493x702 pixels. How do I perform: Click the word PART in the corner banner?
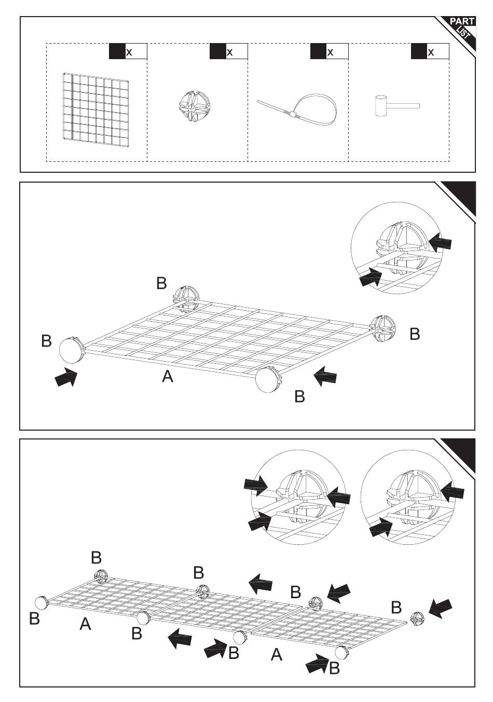click(x=461, y=22)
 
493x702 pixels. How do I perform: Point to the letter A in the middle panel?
click(x=167, y=377)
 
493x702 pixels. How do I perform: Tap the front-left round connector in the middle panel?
click(x=71, y=350)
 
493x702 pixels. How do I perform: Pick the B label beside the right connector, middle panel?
click(x=415, y=334)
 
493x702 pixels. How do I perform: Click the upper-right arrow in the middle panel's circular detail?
click(x=441, y=242)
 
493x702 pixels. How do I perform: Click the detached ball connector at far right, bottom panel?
click(x=418, y=618)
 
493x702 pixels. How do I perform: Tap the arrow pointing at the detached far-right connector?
click(x=441, y=609)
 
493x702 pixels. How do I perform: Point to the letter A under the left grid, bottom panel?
click(x=86, y=624)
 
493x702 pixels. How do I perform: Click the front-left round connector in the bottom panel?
click(x=42, y=603)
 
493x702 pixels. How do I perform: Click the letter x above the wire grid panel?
click(x=129, y=52)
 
